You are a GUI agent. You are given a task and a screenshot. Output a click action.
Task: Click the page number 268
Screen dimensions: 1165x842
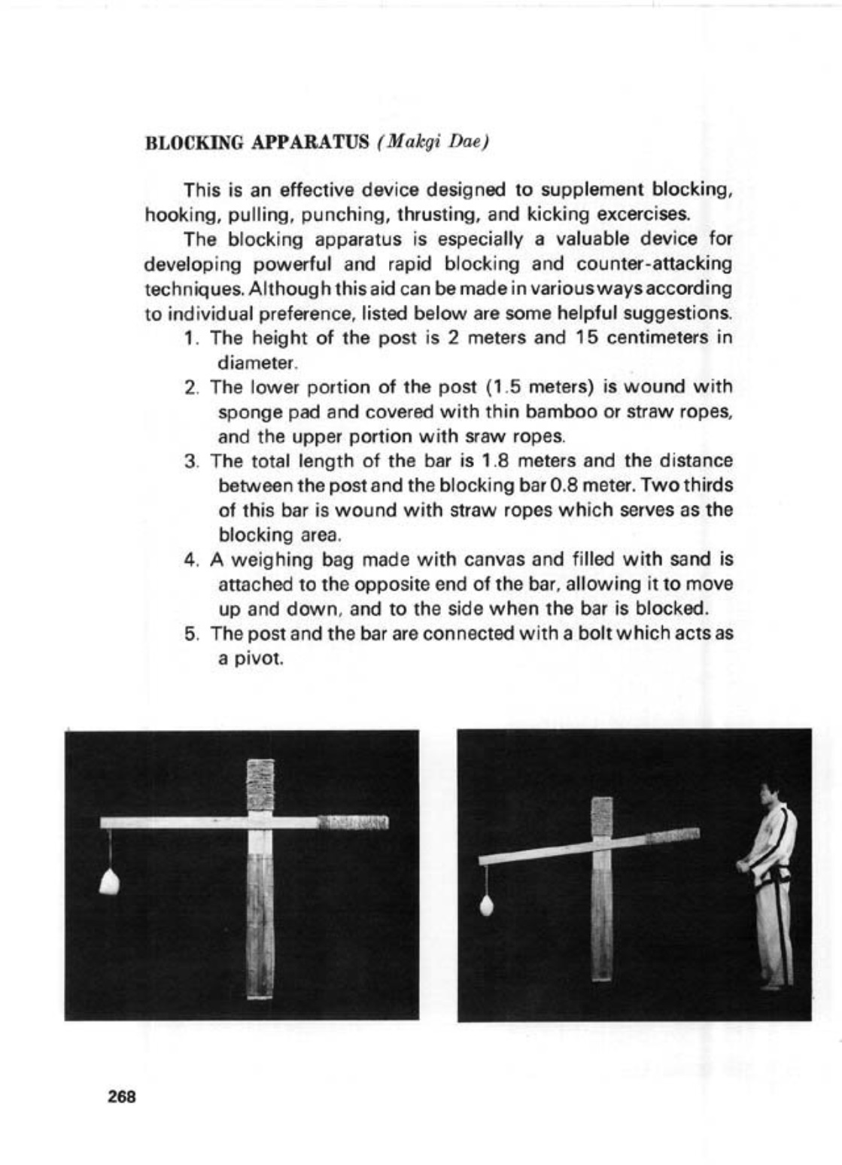(121, 1097)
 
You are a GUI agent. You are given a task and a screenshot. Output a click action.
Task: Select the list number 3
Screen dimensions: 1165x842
(190, 461)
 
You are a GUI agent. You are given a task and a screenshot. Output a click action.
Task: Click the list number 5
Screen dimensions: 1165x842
(190, 633)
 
